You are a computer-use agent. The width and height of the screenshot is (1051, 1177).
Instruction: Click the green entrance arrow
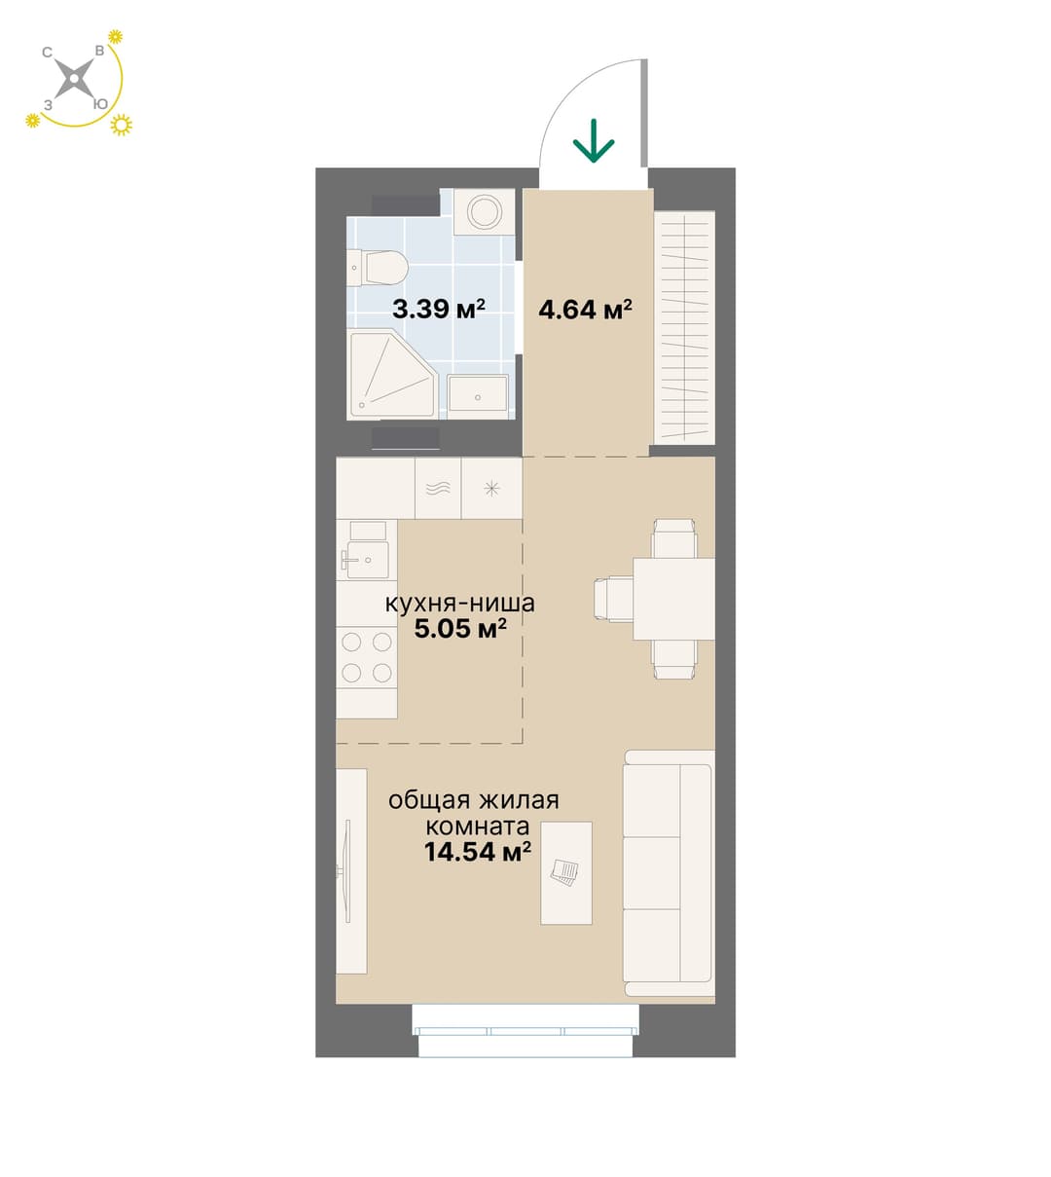pyautogui.click(x=593, y=140)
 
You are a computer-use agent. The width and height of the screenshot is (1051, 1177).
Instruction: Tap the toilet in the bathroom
pyautogui.click(x=377, y=268)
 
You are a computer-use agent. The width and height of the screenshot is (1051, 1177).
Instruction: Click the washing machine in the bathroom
pyautogui.click(x=484, y=211)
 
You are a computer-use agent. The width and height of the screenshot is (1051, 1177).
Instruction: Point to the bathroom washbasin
pyautogui.click(x=477, y=394)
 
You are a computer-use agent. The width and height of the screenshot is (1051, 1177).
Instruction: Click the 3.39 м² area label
pyautogui.click(x=438, y=309)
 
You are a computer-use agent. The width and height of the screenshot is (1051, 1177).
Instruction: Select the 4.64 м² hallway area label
pyautogui.click(x=585, y=309)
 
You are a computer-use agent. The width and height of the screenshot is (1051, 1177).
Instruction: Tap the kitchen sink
pyautogui.click(x=367, y=550)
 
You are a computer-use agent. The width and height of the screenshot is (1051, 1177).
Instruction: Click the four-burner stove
pyautogui.click(x=367, y=657)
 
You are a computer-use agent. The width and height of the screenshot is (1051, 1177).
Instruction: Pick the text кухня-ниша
pyautogui.click(x=460, y=604)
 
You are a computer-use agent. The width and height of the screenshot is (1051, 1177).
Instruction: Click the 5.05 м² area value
pyautogui.click(x=460, y=629)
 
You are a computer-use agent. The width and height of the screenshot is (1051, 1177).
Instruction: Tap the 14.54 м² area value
pyautogui.click(x=477, y=852)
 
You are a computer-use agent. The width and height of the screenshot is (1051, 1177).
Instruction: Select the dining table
pyautogui.click(x=673, y=599)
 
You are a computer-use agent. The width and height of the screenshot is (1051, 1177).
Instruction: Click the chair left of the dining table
pyautogui.click(x=614, y=599)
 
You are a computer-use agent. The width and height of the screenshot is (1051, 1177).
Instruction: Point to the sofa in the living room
pyautogui.click(x=669, y=873)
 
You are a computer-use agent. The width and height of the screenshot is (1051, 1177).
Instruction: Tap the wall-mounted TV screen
pyautogui.click(x=347, y=871)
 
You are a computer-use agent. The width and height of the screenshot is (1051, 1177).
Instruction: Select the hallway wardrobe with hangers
pyautogui.click(x=684, y=328)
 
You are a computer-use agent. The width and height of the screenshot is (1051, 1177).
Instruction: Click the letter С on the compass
pyautogui.click(x=48, y=53)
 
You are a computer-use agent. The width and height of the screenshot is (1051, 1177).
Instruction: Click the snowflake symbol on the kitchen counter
pyautogui.click(x=491, y=488)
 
